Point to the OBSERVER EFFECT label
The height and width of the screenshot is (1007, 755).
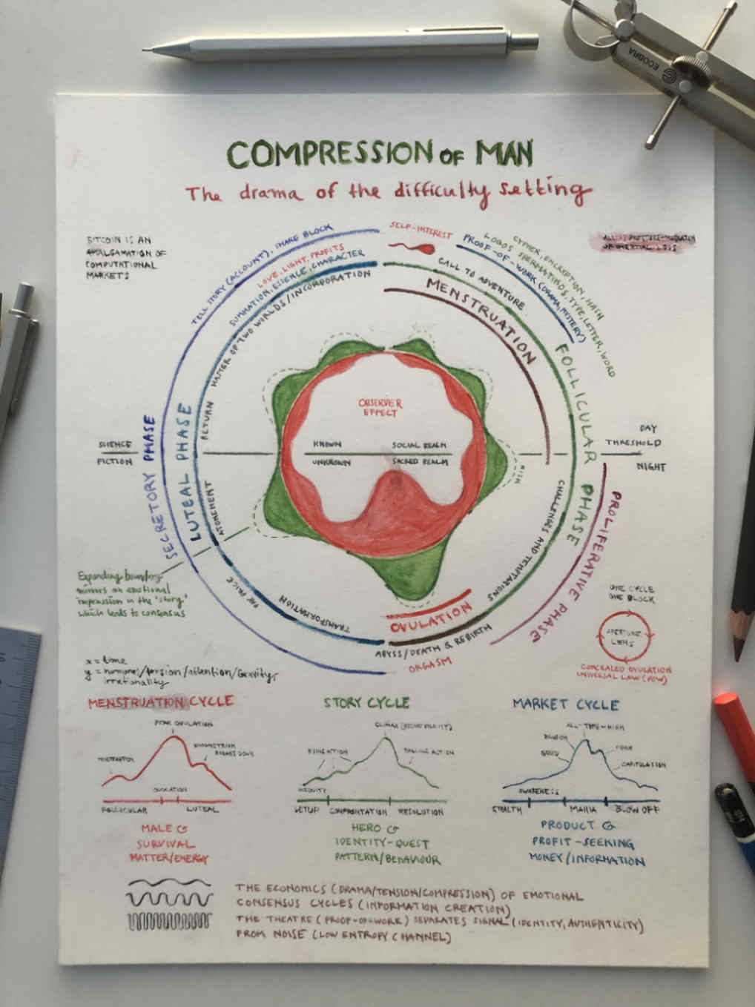tap(380, 407)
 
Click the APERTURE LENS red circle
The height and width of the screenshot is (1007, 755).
tap(625, 635)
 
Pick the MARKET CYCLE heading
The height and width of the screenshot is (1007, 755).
tap(565, 704)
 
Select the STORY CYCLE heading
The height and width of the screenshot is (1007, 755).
tap(366, 702)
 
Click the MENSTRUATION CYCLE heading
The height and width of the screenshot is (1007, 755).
tap(160, 701)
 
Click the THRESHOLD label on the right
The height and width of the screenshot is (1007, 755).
tap(633, 443)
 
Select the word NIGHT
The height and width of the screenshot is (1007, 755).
tap(650, 467)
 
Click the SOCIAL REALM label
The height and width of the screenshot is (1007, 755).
tap(420, 445)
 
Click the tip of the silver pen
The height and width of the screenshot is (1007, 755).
tap(147, 50)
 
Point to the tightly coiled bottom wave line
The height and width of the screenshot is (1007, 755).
tap(169, 923)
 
